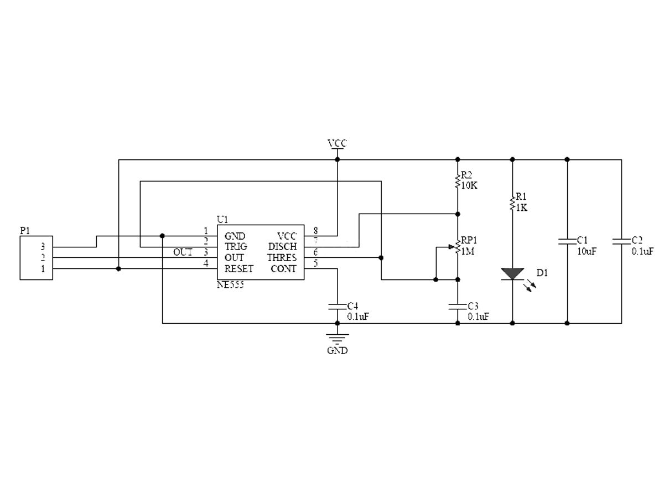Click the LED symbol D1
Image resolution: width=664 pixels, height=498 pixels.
[512, 274]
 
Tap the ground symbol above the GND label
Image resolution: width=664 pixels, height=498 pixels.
[337, 337]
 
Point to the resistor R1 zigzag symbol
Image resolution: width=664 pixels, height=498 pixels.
[512, 202]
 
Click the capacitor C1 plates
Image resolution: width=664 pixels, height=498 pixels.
[567, 241]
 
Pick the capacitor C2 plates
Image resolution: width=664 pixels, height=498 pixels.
[621, 241]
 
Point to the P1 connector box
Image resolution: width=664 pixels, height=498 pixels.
[37, 257]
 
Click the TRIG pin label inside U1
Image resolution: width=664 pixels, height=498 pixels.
[236, 247]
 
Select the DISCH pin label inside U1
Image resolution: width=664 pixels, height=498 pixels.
[282, 247]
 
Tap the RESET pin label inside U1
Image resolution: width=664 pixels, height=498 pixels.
[239, 269]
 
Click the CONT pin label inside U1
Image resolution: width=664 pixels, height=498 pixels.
[283, 269]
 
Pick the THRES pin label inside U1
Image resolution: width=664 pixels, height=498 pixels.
[282, 258]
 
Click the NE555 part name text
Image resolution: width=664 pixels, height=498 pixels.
[230, 286]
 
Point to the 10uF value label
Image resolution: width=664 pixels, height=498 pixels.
[586, 251]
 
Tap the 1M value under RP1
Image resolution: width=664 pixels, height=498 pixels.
[468, 251]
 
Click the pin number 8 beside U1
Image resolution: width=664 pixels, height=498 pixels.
[315, 230]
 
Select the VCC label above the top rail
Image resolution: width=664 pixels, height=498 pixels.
[337, 144]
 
